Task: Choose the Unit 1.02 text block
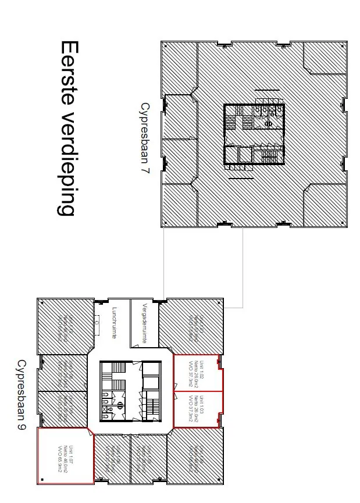tap(196, 373)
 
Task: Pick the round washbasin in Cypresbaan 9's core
tap(115, 401)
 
